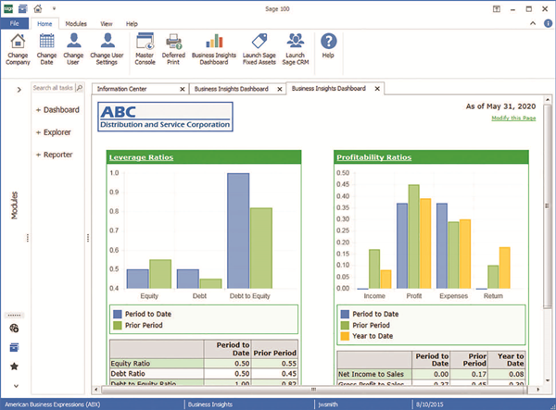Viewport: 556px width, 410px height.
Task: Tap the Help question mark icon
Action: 328,45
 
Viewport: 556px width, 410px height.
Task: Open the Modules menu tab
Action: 76,22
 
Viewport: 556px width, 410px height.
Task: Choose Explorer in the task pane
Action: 57,132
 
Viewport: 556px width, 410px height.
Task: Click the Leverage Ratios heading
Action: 141,158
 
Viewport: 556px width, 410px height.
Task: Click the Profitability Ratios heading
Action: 373,158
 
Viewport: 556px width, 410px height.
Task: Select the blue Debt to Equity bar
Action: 238,230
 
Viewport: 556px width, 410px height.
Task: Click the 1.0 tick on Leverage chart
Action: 115,173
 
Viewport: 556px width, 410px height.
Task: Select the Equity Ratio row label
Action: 131,363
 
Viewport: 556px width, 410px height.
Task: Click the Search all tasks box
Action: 58,88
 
